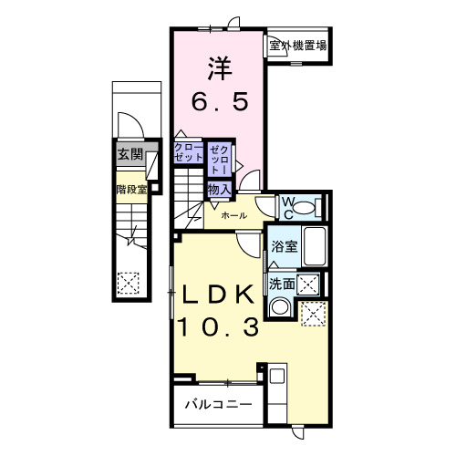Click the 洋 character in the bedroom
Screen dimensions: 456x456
click(218, 67)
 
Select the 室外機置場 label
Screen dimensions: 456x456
click(298, 44)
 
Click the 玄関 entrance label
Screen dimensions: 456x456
click(129, 155)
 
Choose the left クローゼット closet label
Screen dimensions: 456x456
click(189, 152)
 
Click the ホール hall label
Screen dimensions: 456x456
click(232, 216)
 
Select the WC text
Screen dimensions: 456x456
click(286, 204)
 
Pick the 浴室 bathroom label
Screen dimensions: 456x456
click(284, 246)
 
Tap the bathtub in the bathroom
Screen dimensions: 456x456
click(316, 247)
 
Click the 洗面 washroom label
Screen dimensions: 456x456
click(282, 285)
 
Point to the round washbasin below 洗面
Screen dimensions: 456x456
click(282, 308)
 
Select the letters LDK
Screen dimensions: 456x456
click(218, 295)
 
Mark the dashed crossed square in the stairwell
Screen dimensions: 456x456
click(128, 285)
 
